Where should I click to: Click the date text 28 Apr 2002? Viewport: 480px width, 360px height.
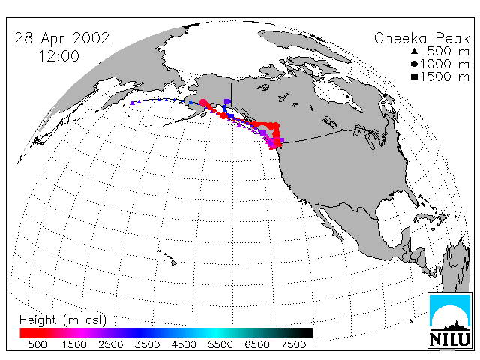(x=61, y=38)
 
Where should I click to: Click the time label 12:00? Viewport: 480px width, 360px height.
(x=58, y=56)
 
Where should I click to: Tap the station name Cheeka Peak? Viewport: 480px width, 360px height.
(x=421, y=39)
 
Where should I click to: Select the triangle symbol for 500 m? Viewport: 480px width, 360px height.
(x=414, y=51)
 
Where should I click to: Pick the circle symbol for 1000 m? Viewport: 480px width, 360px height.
(x=414, y=64)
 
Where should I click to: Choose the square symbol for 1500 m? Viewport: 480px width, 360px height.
(x=414, y=76)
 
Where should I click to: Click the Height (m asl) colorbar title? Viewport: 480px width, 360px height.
(x=63, y=320)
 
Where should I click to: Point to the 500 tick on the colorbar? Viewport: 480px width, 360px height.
(x=37, y=344)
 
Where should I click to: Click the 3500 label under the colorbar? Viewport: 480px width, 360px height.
(x=147, y=344)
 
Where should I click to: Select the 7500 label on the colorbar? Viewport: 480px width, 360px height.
(x=293, y=344)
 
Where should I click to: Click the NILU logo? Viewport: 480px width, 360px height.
(x=450, y=320)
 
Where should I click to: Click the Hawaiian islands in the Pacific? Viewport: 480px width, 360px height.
(x=168, y=257)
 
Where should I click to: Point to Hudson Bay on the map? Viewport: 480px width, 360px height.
(x=337, y=91)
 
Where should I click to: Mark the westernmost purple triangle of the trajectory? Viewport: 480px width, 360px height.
(x=132, y=103)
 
